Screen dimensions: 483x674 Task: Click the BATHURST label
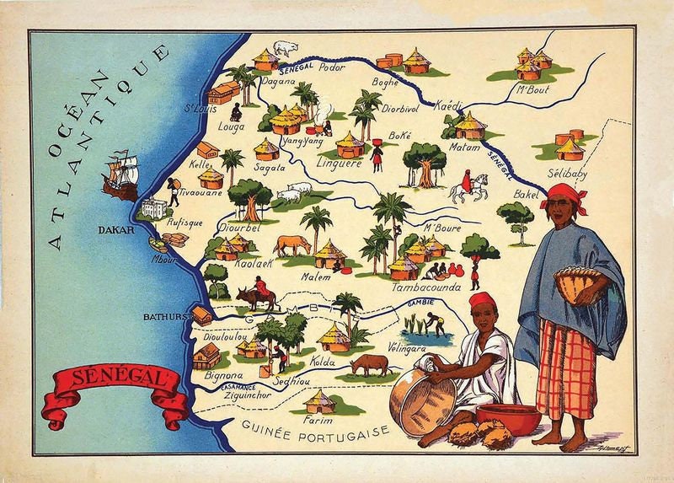(x=166, y=319)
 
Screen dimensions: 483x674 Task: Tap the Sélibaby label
(x=570, y=174)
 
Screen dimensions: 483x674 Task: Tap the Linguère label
(x=338, y=164)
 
